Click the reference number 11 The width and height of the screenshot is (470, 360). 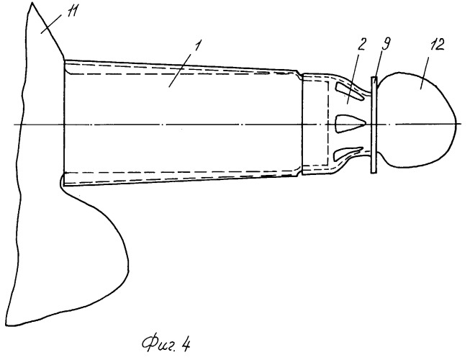pyautogui.click(x=72, y=13)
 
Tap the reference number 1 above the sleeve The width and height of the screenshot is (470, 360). pyautogui.click(x=197, y=47)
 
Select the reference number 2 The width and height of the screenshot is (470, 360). pyautogui.click(x=361, y=45)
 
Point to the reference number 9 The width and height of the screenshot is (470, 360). pyautogui.click(x=386, y=45)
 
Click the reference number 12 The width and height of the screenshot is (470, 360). pyautogui.click(x=437, y=45)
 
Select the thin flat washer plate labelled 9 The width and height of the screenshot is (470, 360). pyautogui.click(x=374, y=125)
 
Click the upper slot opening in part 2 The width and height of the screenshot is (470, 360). pyautogui.click(x=348, y=91)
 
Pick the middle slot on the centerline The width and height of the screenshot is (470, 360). pyautogui.click(x=348, y=124)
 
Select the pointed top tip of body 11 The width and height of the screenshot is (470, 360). pyautogui.click(x=32, y=3)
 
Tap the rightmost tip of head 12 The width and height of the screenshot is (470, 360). pyautogui.click(x=457, y=123)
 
